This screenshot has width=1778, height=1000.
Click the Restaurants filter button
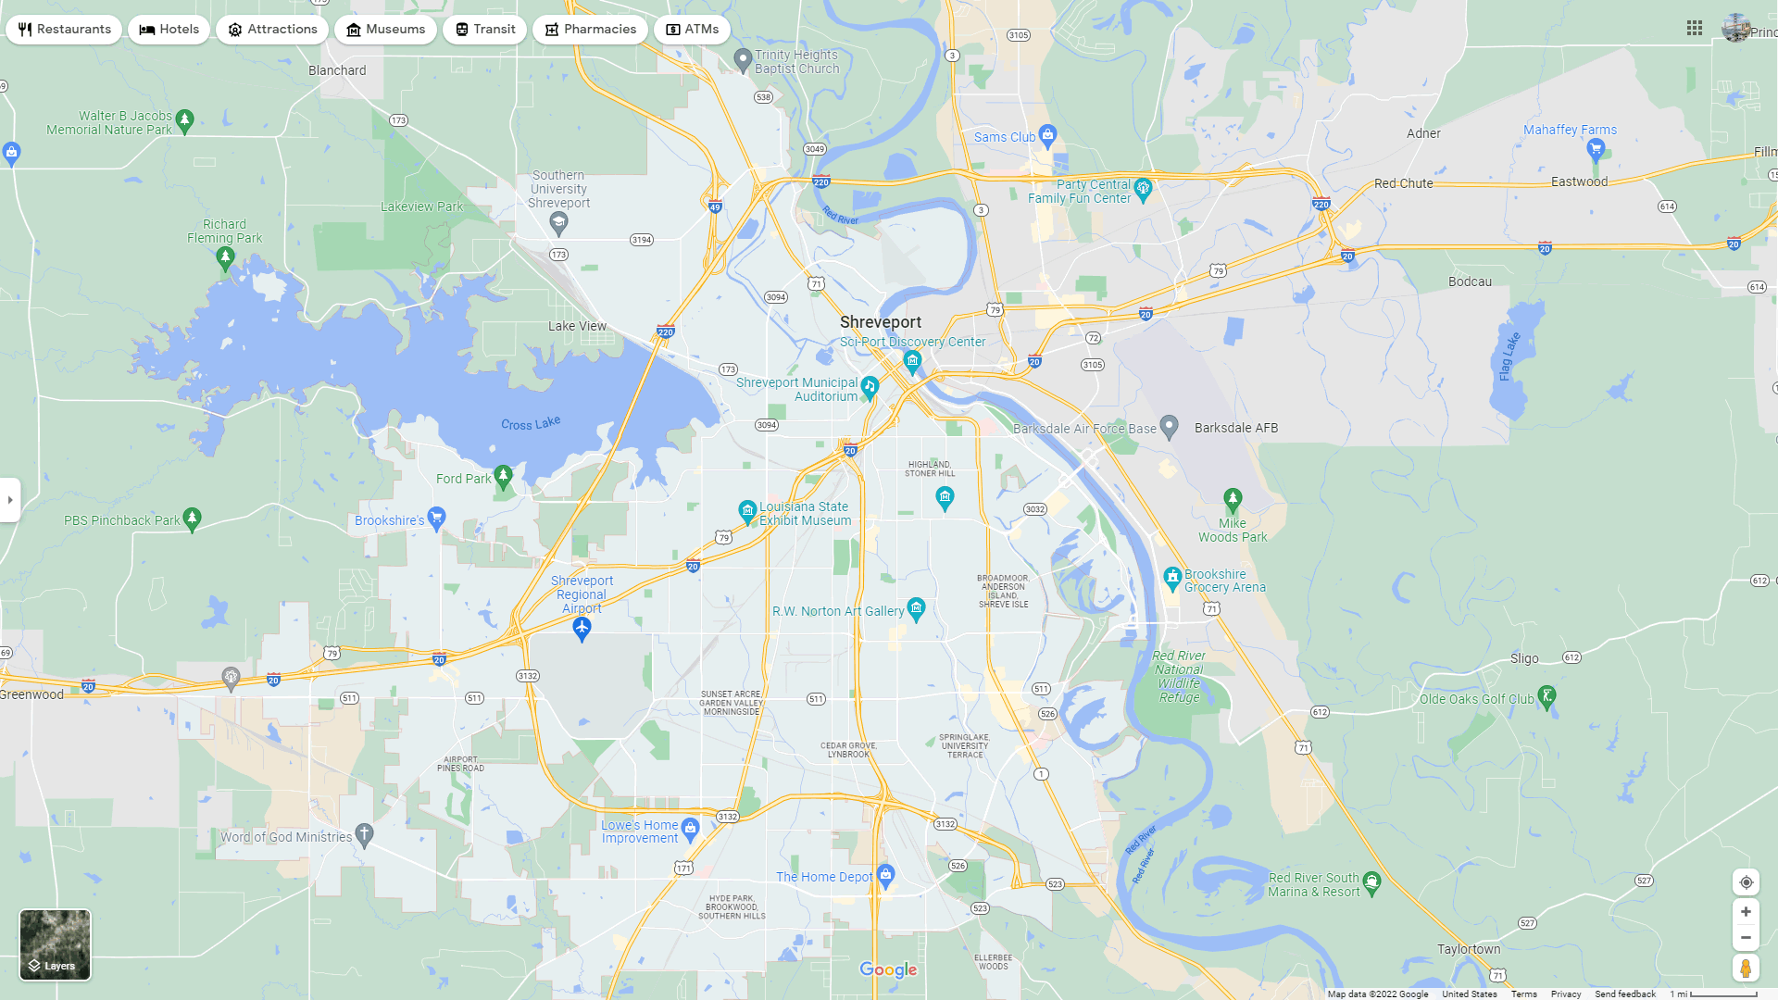click(64, 30)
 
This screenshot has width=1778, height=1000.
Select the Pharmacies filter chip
click(590, 30)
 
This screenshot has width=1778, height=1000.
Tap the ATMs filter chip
click(692, 30)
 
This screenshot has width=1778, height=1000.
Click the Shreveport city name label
click(880, 322)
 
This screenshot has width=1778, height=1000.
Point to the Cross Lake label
click(531, 423)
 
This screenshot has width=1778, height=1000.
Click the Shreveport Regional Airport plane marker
click(582, 629)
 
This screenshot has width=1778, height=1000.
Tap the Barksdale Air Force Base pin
click(1169, 426)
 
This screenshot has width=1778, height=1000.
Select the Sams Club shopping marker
click(1047, 136)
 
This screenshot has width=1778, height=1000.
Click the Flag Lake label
click(1509, 356)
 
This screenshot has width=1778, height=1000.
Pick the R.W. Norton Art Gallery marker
click(916, 608)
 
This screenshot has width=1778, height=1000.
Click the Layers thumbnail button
click(56, 944)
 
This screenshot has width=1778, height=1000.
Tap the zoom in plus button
click(1746, 912)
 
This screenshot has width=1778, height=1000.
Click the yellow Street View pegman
click(1746, 969)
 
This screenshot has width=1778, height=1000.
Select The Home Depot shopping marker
click(885, 875)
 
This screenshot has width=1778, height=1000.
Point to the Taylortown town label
click(1469, 949)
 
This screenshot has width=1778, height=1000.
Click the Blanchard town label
click(337, 70)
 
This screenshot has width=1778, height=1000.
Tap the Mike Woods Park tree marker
click(1233, 499)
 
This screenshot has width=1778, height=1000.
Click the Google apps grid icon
click(1695, 29)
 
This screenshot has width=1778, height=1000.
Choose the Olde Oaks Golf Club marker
click(1546, 696)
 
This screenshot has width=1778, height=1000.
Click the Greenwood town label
click(32, 694)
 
